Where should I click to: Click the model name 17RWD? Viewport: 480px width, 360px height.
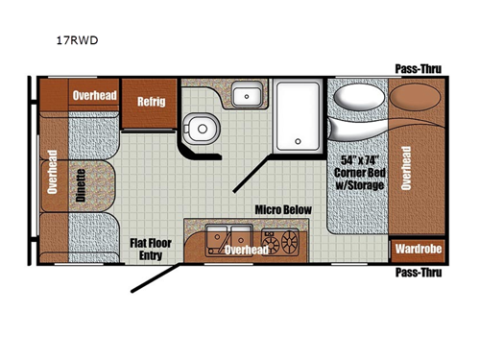click(x=77, y=40)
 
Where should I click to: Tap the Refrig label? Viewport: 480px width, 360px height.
click(x=152, y=102)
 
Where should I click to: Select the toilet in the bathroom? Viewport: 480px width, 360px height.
click(x=202, y=129)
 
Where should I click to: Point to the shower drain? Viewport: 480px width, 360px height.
click(x=298, y=141)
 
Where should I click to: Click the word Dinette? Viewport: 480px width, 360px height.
click(x=81, y=185)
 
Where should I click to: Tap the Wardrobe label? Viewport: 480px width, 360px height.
click(x=419, y=249)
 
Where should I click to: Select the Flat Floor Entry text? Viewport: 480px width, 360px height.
click(x=151, y=250)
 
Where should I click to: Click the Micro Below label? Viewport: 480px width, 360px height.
click(x=283, y=210)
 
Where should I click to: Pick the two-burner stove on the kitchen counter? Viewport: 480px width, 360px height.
click(x=280, y=242)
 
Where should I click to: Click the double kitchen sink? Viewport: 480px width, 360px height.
click(x=228, y=240)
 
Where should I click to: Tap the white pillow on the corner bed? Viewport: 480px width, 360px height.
click(x=359, y=96)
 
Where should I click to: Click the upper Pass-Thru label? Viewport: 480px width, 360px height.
click(x=419, y=69)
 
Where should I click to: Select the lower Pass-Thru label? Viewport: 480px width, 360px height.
click(x=419, y=273)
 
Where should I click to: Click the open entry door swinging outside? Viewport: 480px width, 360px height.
click(x=156, y=277)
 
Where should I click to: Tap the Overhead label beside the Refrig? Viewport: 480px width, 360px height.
click(x=94, y=95)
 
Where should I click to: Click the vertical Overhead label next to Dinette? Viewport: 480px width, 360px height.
click(x=52, y=172)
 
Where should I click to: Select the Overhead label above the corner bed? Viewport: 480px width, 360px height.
click(x=406, y=168)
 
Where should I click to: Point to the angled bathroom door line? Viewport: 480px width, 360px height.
click(x=252, y=174)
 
